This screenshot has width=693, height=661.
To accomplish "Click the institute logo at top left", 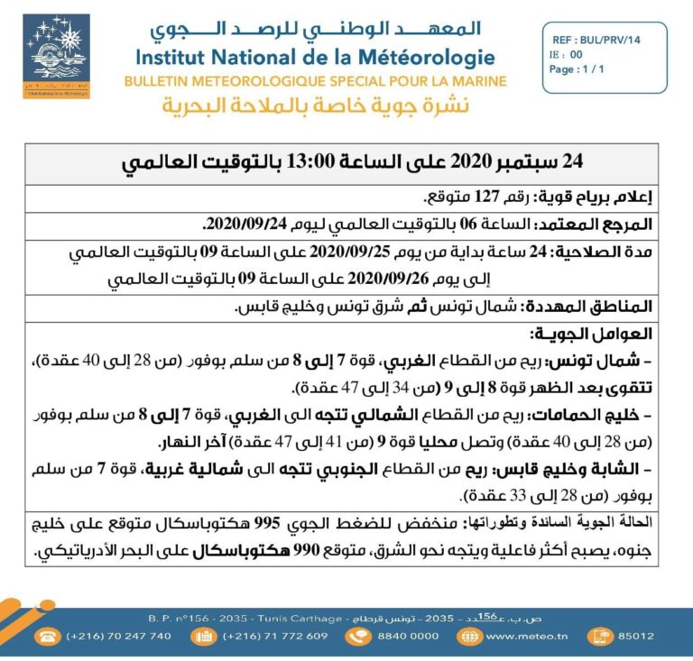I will [x=55, y=57].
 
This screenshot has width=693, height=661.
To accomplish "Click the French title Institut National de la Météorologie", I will [x=315, y=58].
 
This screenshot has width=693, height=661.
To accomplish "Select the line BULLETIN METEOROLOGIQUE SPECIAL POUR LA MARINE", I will [x=317, y=81].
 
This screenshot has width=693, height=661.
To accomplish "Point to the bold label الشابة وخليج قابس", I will [x=577, y=468].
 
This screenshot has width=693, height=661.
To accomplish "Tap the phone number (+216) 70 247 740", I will [x=118, y=636].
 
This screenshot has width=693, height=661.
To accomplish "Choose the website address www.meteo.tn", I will [x=528, y=636].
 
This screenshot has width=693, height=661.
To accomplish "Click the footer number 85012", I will [x=636, y=636].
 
